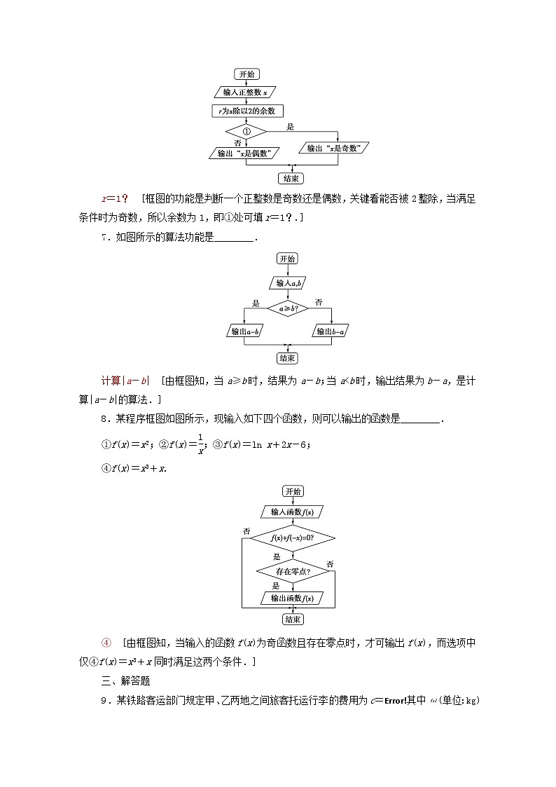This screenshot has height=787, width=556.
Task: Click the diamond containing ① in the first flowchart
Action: tap(246, 131)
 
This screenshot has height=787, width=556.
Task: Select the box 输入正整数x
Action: tap(245, 92)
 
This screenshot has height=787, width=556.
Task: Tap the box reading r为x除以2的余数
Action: tap(246, 110)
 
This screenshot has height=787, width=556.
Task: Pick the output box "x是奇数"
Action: tap(333, 148)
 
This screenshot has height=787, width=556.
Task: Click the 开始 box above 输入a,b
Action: tap(288, 259)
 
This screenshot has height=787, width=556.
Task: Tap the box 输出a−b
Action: tap(244, 331)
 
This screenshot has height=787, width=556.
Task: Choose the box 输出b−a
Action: tap(331, 331)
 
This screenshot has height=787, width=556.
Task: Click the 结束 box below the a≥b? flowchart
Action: tap(288, 358)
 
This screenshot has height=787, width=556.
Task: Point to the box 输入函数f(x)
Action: tap(292, 512)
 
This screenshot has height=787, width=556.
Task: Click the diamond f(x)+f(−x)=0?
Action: tap(292, 538)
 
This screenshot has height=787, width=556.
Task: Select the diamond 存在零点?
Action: tap(292, 571)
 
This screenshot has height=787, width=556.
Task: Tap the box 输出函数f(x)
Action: tap(292, 598)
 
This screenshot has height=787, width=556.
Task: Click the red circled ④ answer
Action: tap(106, 642)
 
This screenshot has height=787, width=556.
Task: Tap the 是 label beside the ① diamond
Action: tap(290, 126)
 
